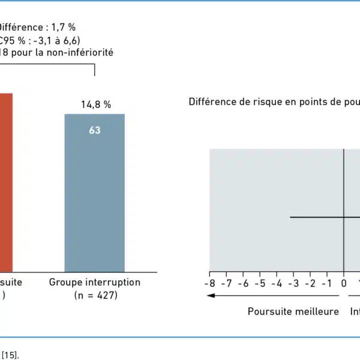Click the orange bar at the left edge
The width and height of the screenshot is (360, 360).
coord(6,180)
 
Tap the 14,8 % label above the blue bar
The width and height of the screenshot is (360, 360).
coord(96,104)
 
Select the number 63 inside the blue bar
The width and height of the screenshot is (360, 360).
coord(95,130)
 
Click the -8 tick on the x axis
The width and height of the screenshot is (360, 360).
coord(209,283)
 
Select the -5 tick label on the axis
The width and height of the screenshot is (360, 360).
coord(260,283)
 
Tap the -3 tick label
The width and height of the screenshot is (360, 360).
coord(293,283)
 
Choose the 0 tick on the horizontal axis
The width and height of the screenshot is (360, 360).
coord(344,283)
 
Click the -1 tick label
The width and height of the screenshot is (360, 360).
coord(327,283)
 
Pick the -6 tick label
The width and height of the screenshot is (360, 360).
coord(243,283)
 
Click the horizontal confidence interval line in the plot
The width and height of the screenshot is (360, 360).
coord(318,217)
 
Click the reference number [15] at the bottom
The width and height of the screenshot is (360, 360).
coord(10,355)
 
